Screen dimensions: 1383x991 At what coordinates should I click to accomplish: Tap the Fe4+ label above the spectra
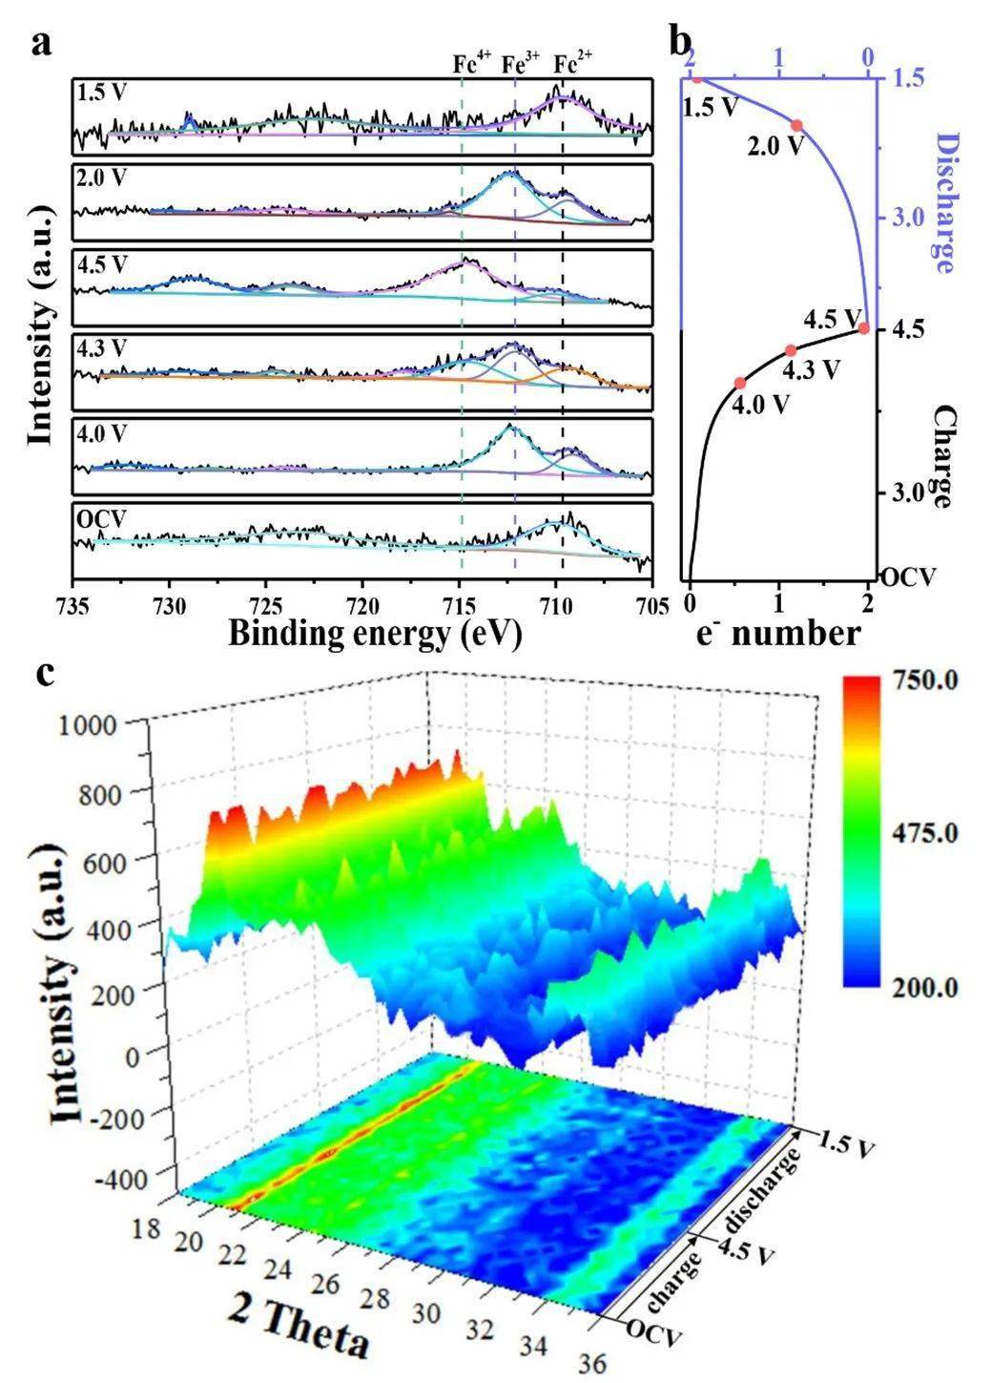point(471,64)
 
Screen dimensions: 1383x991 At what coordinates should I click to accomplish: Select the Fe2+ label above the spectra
point(574,64)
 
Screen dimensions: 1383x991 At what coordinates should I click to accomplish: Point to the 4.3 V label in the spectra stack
point(101,348)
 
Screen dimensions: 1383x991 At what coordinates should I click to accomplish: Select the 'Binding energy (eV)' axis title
point(375,633)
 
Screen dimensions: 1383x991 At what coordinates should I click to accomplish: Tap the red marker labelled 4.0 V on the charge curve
point(739,383)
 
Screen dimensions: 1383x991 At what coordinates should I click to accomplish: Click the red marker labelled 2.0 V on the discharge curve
point(796,125)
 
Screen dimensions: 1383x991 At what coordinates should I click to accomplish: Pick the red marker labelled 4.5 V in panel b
point(863,328)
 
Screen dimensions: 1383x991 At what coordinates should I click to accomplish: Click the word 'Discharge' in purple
point(943,203)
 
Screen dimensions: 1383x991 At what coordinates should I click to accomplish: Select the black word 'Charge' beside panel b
point(943,456)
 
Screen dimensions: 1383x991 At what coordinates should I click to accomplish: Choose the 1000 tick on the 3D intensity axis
point(100,724)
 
